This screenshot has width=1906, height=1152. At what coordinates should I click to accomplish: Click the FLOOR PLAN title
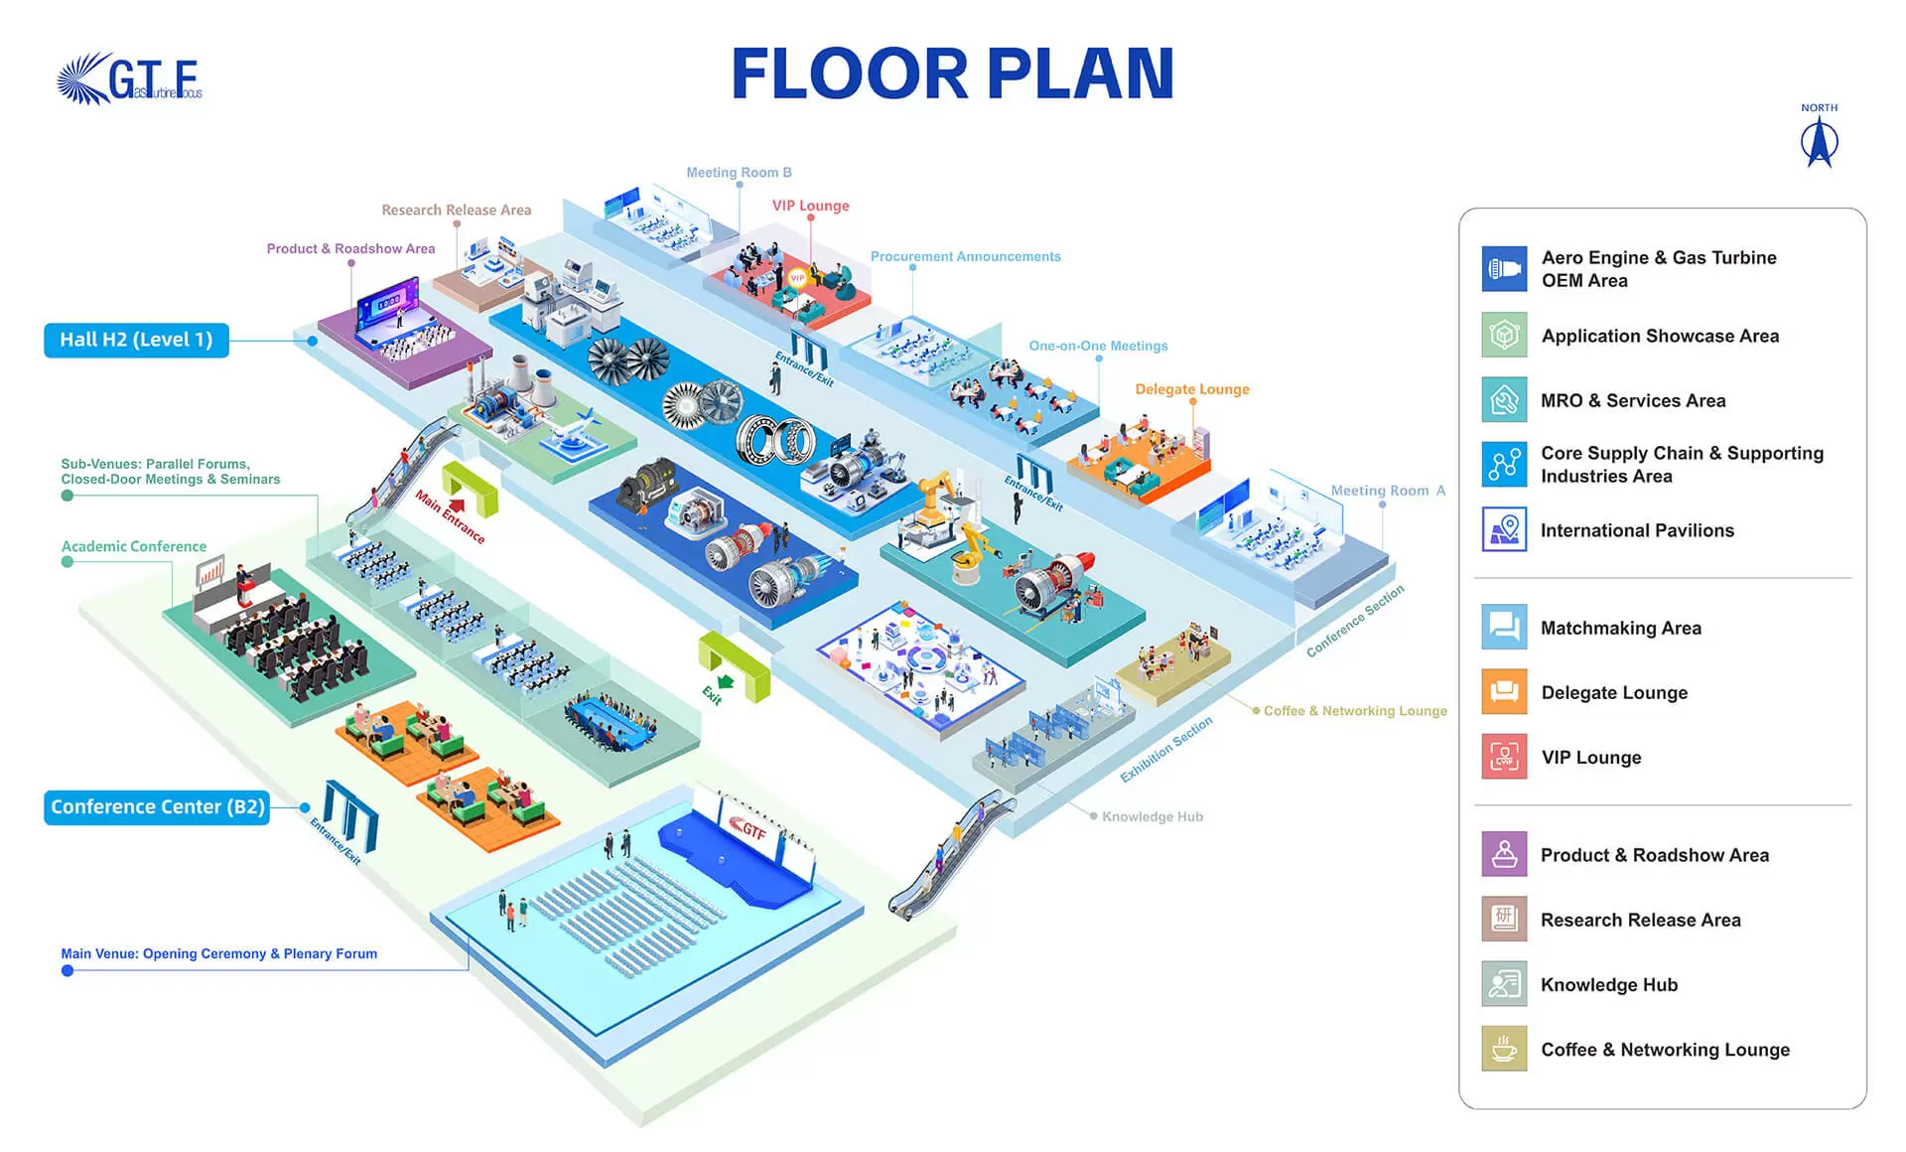[x=953, y=74]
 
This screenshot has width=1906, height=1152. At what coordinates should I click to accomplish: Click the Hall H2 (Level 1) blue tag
[x=136, y=340]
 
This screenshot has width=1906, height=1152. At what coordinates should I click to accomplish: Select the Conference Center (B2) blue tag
[x=157, y=806]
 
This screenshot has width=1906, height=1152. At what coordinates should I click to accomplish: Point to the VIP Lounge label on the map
[x=810, y=206]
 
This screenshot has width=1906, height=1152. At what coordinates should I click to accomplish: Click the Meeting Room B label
[x=739, y=172]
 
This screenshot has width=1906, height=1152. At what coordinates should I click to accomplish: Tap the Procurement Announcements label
[x=965, y=256]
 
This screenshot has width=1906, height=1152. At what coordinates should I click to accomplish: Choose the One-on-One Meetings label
[x=1098, y=346]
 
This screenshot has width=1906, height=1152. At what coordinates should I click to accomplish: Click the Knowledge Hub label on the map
[x=1152, y=816]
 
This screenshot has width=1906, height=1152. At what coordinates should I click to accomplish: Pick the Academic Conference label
[x=134, y=546]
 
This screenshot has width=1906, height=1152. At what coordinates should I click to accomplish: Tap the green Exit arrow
[x=726, y=681]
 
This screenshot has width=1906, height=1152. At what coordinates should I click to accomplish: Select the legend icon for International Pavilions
[x=1504, y=529]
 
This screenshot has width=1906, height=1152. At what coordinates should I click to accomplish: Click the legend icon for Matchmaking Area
[x=1504, y=627]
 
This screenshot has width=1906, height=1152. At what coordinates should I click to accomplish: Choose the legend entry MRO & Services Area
[x=1632, y=400]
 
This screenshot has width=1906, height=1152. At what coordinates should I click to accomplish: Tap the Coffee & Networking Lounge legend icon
[x=1504, y=1049]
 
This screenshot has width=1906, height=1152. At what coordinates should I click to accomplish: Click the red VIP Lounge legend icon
[x=1504, y=757]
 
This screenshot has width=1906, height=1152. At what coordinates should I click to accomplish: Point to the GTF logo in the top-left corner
[x=130, y=79]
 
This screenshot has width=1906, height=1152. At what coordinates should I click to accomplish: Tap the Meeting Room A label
[x=1387, y=491]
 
